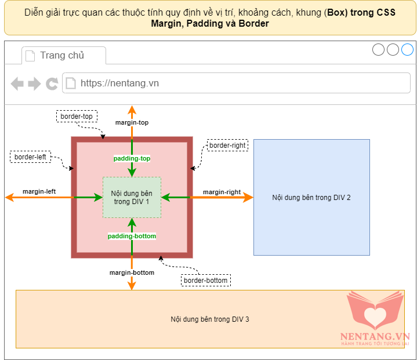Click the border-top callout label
77,117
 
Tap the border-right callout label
227,145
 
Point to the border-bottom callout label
205,281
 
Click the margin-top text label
132,123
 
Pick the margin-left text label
39,191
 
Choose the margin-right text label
222,192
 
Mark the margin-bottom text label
132,272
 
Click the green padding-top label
132,158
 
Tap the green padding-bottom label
132,236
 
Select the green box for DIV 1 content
132,197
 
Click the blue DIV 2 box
311,197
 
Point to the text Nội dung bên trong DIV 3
210,319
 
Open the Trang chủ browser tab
63,56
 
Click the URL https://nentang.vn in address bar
120,83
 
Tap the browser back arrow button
17,83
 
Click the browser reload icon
52,83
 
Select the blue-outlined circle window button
407,50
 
